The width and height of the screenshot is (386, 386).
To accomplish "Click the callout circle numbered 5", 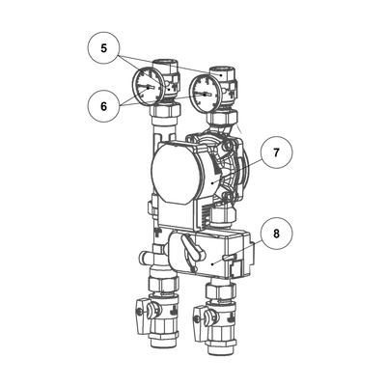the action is [103, 48].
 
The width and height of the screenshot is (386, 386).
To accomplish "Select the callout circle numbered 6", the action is [103, 106].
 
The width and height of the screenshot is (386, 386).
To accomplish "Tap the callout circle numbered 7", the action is [277, 152].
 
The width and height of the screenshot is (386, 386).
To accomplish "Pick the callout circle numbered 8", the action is [277, 234].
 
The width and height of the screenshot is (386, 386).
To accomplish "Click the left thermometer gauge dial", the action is [147, 87].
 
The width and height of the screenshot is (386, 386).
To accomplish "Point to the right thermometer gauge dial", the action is [204, 94].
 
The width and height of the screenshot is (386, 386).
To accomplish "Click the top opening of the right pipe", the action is [223, 70].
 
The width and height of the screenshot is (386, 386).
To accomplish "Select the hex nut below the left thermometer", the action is [165, 112].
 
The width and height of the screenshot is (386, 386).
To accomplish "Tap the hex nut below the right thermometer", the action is [223, 118].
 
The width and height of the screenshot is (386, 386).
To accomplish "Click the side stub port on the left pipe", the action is [146, 257].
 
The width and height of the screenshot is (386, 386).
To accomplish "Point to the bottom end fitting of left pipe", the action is [164, 341].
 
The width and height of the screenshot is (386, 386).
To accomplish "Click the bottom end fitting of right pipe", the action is [222, 348].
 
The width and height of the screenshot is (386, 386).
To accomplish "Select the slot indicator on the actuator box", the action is [230, 257].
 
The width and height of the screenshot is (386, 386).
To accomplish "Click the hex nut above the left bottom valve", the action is [164, 282].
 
